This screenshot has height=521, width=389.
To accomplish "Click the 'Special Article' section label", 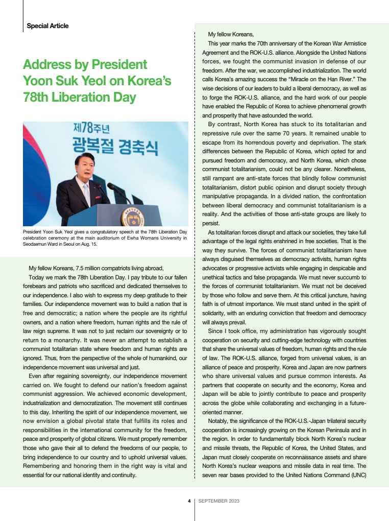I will point(47,26).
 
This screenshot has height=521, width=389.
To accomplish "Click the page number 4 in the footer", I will point(189,501).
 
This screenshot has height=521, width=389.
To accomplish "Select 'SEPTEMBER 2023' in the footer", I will point(218,501).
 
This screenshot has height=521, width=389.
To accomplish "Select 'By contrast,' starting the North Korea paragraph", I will point(224,124).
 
